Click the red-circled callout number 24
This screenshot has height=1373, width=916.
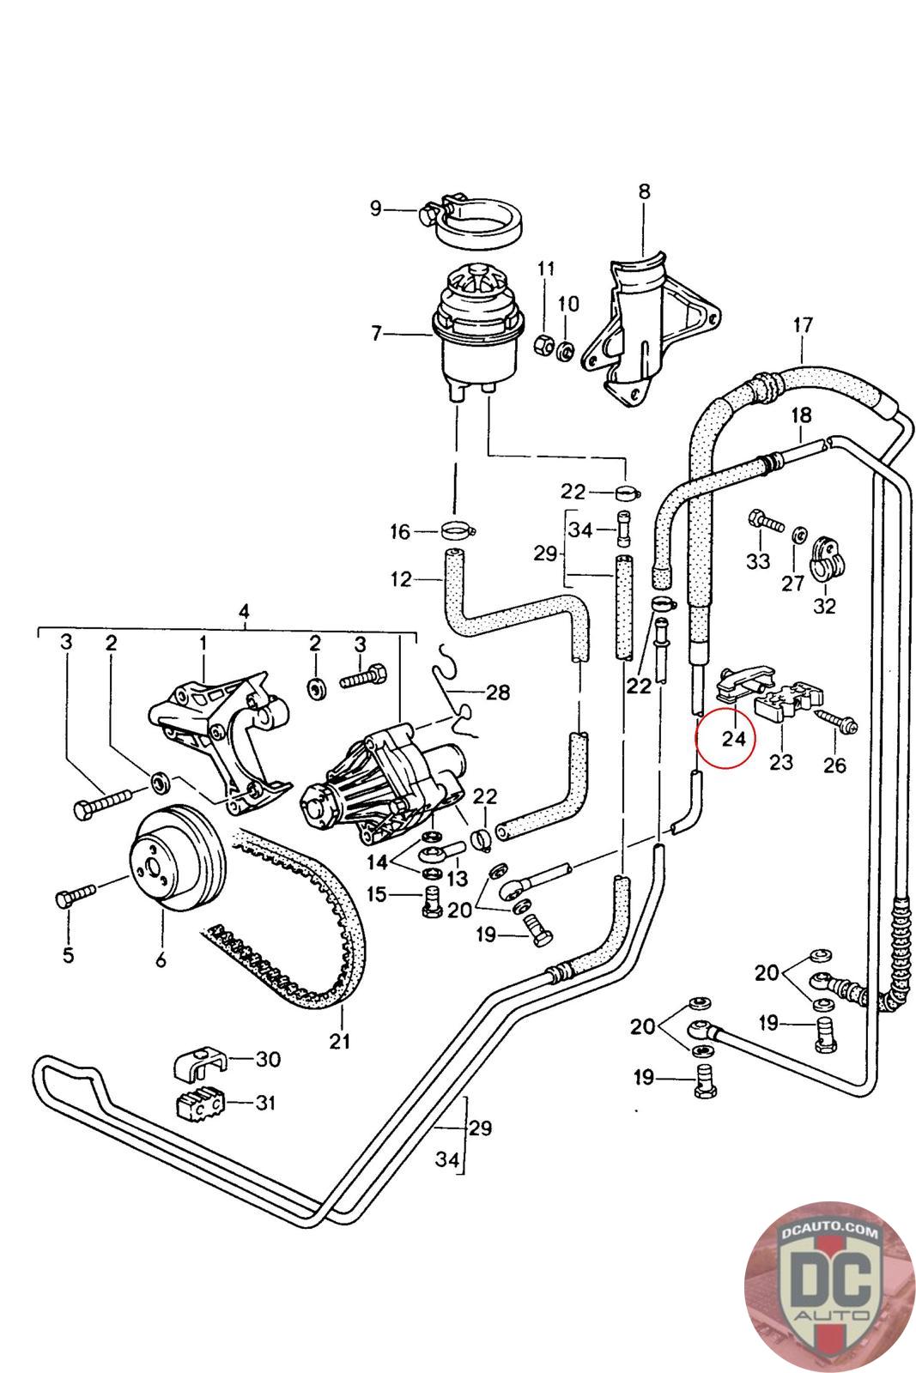click(732, 737)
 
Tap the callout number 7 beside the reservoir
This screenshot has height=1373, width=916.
click(376, 333)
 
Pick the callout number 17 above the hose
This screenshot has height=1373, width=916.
click(803, 326)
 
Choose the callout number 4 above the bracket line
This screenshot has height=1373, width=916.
click(244, 612)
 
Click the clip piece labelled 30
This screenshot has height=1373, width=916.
click(197, 1063)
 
